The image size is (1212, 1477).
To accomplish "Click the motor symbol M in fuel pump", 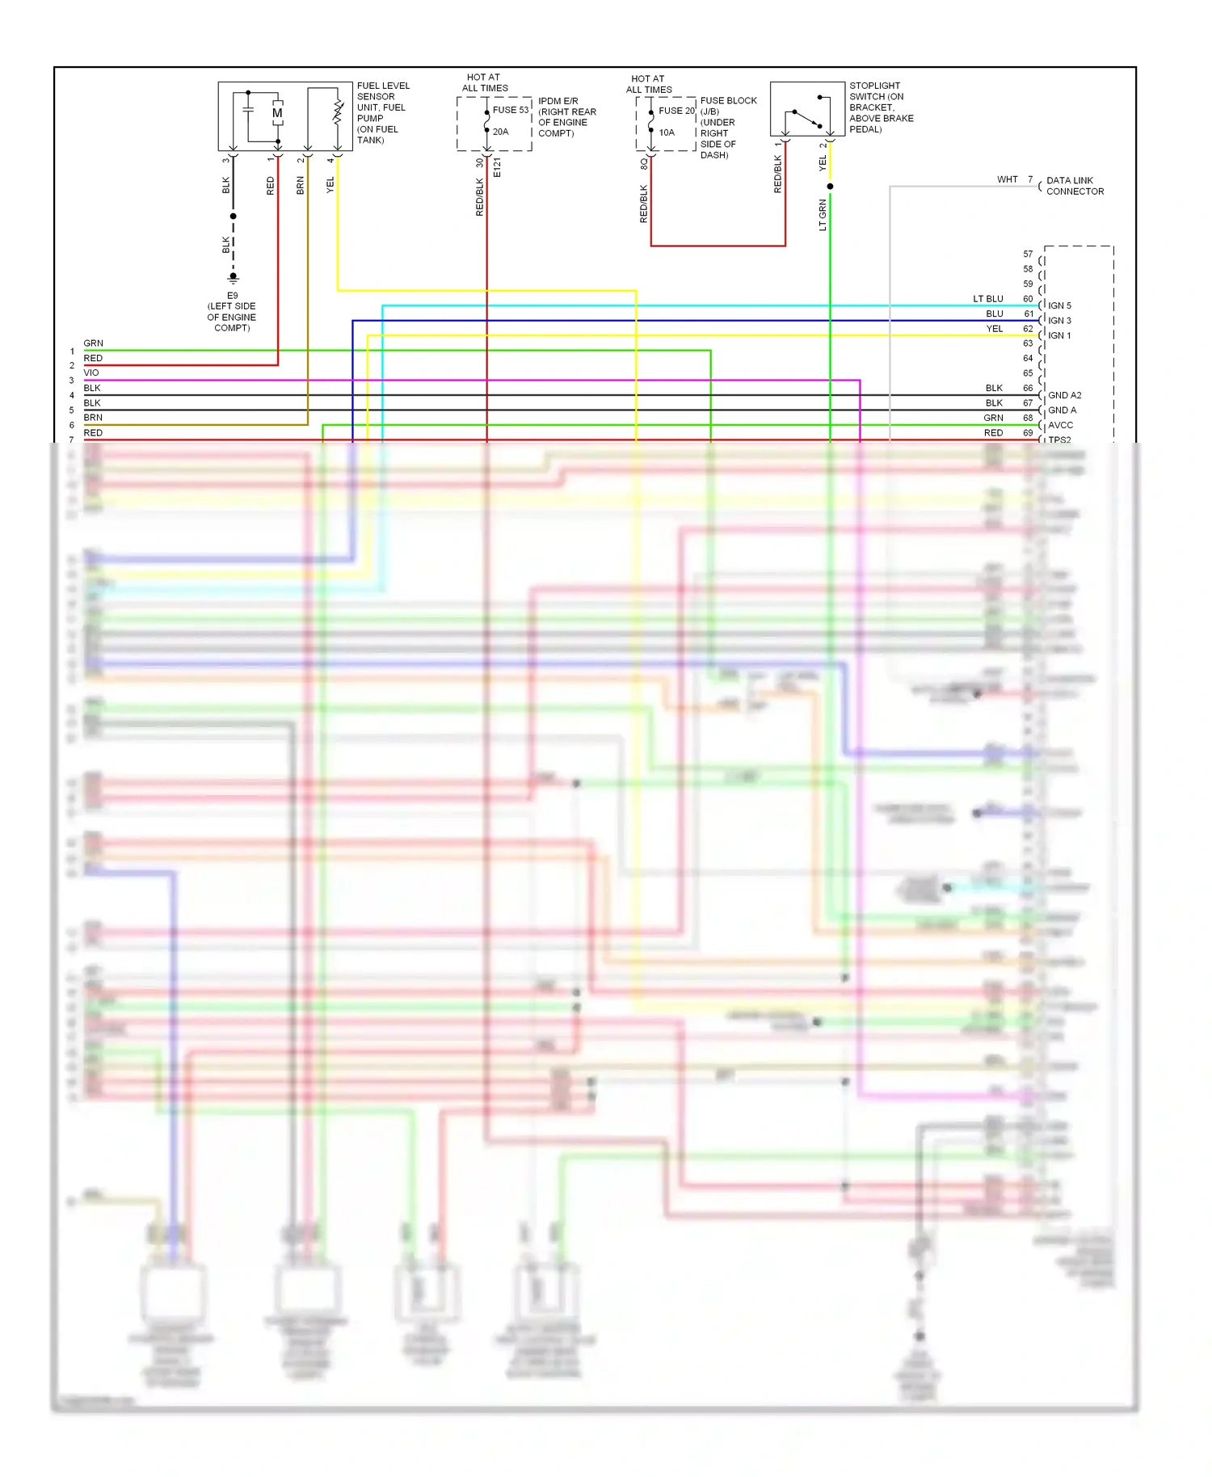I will pyautogui.click(x=277, y=113).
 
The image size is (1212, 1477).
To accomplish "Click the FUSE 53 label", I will pyautogui.click(x=510, y=110).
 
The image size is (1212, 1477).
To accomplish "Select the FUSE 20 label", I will pyautogui.click(x=676, y=111).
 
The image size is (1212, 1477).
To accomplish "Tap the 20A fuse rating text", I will pyautogui.click(x=501, y=132).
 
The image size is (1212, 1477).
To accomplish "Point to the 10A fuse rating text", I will pyautogui.click(x=667, y=133).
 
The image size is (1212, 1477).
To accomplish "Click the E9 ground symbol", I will pyautogui.click(x=234, y=277).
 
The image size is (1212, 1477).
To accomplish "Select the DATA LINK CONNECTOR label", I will pyautogui.click(x=1075, y=186).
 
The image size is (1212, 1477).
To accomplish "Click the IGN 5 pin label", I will pyautogui.click(x=1059, y=305).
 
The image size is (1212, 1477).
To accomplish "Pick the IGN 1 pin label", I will pyautogui.click(x=1059, y=335).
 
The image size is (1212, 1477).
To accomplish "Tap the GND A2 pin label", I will pyautogui.click(x=1064, y=395).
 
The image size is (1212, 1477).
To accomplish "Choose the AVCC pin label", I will pyautogui.click(x=1060, y=425).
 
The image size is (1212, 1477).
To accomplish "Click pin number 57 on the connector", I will pyautogui.click(x=1028, y=254).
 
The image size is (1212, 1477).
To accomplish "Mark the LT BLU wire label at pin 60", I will pyautogui.click(x=987, y=299).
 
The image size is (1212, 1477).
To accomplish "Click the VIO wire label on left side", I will pyautogui.click(x=91, y=373).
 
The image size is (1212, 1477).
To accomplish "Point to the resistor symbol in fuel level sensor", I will pyautogui.click(x=338, y=113).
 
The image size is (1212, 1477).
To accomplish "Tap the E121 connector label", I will pyautogui.click(x=498, y=168).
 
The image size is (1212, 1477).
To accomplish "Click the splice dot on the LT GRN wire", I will pyautogui.click(x=830, y=187).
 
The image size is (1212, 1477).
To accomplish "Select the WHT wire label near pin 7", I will pyautogui.click(x=1007, y=179).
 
